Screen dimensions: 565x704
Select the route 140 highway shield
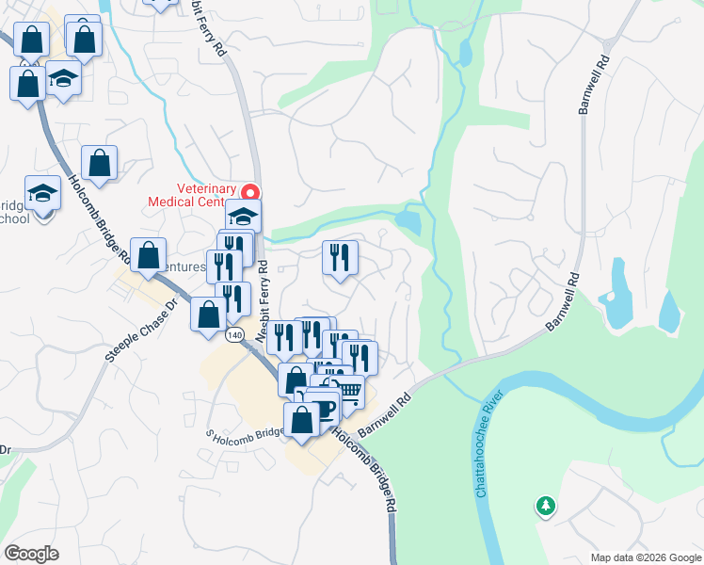pyautogui.click(x=234, y=334)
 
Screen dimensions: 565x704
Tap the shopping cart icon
pyautogui.click(x=349, y=392)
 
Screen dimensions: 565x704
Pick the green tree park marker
pyautogui.click(x=545, y=507)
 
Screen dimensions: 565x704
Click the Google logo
pyautogui.click(x=31, y=553)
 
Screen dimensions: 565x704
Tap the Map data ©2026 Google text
pyautogui.click(x=645, y=557)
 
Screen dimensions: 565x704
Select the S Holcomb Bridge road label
pyautogui.click(x=245, y=432)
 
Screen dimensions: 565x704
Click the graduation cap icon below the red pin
pyautogui.click(x=243, y=216)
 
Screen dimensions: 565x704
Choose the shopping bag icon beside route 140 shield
pyautogui.click(x=207, y=315)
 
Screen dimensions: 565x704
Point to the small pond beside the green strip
pyautogui.click(x=409, y=222)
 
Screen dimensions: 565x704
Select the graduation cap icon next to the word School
pyautogui.click(x=42, y=193)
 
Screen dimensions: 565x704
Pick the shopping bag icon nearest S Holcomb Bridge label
pyautogui.click(x=302, y=420)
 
